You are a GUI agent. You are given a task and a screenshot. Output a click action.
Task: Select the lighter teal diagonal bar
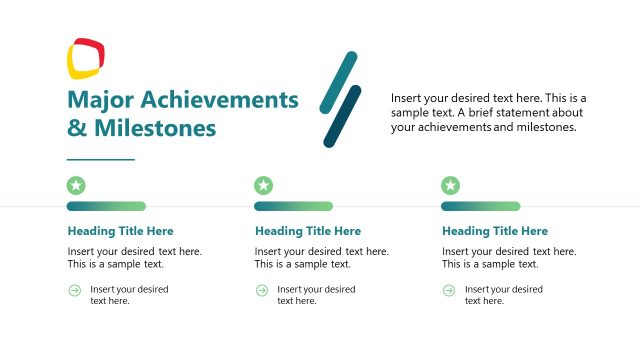click(338, 81)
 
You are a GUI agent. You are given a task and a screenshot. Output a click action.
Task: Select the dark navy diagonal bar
click(342, 116)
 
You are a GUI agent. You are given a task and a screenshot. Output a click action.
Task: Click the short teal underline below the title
click(100, 159)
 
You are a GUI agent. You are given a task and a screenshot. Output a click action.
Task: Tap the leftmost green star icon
click(76, 185)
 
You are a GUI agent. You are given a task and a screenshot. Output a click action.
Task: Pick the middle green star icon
click(263, 185)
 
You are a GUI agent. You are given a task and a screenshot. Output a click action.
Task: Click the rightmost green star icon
click(451, 185)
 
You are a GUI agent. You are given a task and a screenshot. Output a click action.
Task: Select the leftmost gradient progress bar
click(106, 206)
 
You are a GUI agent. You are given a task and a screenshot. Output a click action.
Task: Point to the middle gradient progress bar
click(293, 206)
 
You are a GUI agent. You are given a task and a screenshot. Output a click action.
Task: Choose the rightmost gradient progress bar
click(480, 206)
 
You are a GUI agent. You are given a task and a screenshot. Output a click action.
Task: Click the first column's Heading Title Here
click(120, 231)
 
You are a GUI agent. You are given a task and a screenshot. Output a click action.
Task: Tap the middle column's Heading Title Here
click(307, 231)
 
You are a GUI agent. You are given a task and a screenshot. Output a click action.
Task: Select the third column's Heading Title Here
click(495, 231)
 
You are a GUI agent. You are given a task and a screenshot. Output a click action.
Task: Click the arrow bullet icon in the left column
click(74, 290)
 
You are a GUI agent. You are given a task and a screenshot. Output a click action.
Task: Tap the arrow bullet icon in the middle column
click(261, 290)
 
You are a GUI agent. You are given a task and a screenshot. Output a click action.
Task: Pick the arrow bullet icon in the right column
click(449, 290)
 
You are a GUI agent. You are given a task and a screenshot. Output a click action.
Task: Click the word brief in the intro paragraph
click(501, 113)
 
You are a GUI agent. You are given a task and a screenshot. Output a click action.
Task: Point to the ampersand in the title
click(77, 128)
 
